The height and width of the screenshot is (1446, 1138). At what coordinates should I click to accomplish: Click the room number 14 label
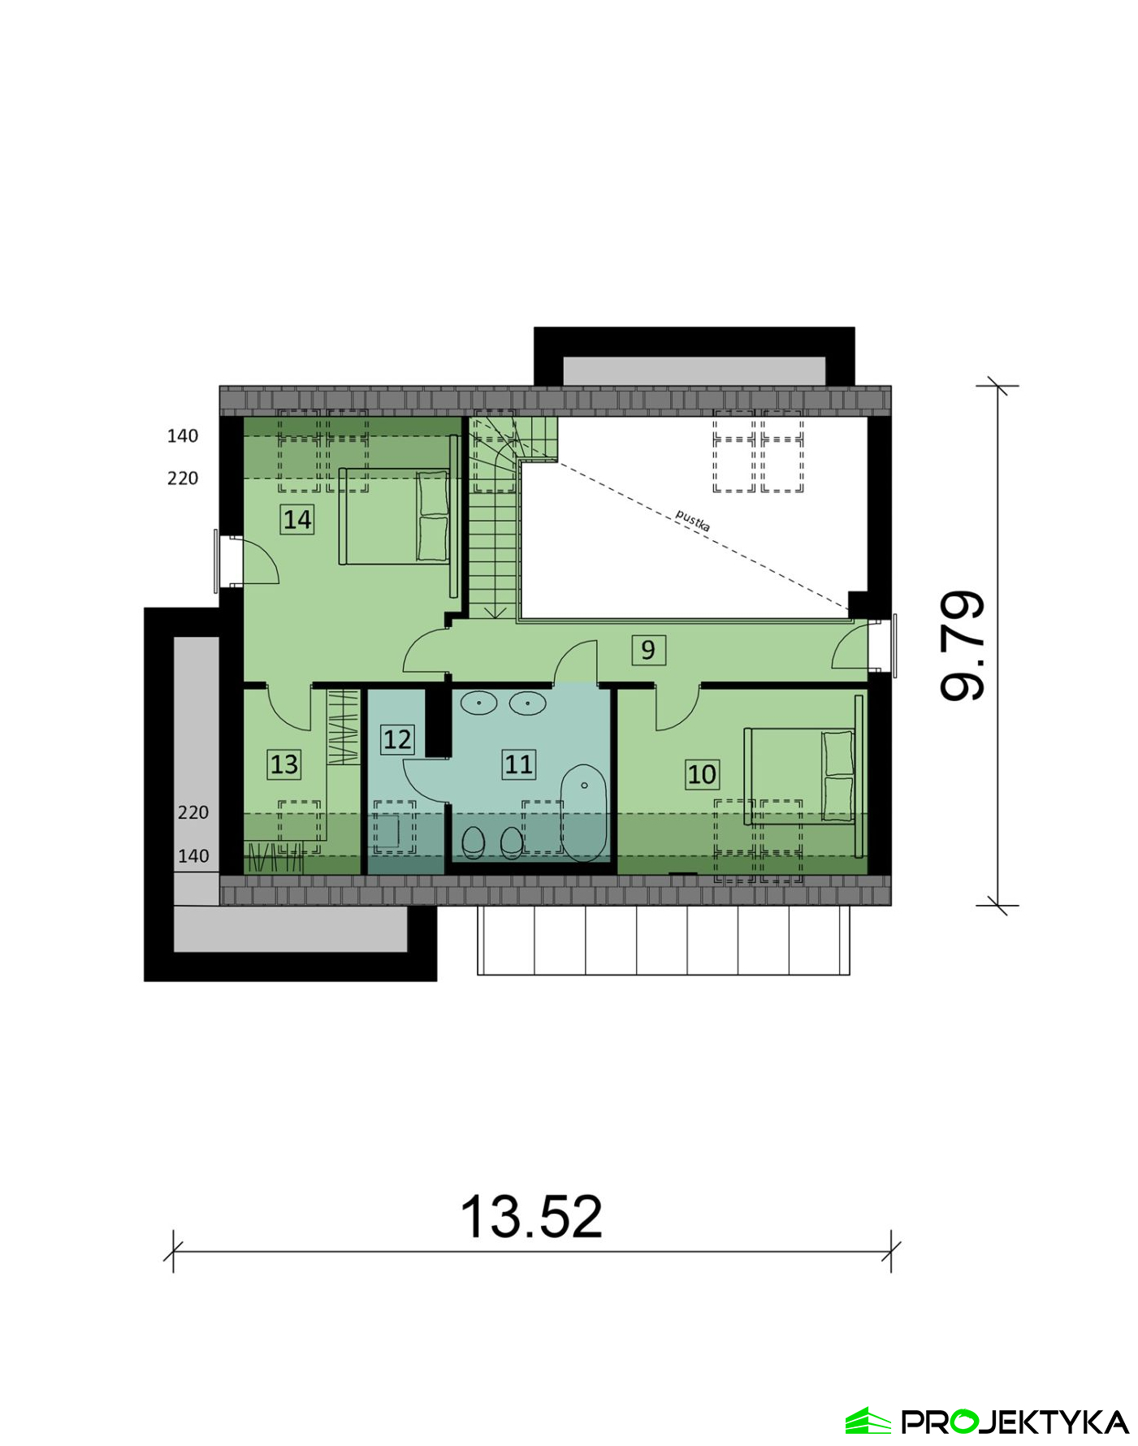[296, 519]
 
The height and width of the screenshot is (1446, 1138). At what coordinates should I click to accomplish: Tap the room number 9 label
[648, 650]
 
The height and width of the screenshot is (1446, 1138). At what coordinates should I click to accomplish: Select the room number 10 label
[702, 774]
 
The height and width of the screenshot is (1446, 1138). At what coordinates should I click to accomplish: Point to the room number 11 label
[518, 764]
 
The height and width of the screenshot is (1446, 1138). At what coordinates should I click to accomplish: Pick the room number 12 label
[397, 739]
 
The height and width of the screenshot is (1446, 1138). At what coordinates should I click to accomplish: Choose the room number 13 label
[284, 764]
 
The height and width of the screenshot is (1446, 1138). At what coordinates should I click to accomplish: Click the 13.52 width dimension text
[531, 1217]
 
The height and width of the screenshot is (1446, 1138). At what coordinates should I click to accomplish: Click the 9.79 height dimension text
[963, 646]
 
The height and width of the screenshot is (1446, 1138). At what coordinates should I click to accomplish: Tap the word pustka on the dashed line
[693, 521]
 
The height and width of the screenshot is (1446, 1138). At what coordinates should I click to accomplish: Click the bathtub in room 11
[584, 812]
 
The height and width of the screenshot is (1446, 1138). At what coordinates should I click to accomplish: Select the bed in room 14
[394, 516]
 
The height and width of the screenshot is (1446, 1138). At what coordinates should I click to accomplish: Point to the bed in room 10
[800, 776]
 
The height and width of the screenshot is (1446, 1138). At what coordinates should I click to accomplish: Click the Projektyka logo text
[1015, 1422]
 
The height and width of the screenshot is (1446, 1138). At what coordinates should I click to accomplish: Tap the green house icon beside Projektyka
[868, 1421]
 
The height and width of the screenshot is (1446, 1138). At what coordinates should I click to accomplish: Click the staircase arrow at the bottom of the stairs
[495, 612]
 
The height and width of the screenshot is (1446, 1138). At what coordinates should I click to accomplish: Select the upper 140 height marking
[183, 436]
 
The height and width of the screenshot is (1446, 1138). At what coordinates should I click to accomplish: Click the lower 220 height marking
[193, 812]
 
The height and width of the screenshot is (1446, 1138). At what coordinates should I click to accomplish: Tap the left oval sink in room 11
[479, 702]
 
